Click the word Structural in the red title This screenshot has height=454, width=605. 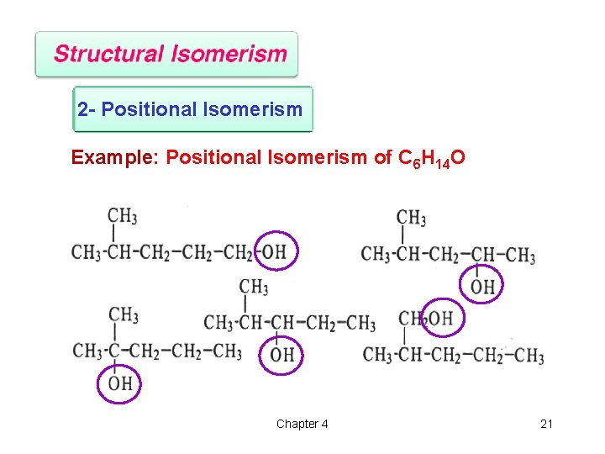[109, 55]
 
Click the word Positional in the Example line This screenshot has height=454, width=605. [214, 157]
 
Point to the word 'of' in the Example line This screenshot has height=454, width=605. [382, 157]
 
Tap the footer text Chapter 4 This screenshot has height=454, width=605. [302, 424]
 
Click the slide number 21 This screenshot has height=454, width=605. [546, 424]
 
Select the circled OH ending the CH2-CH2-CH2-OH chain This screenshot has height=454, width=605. [274, 251]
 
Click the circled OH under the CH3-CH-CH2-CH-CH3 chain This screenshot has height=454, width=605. [482, 287]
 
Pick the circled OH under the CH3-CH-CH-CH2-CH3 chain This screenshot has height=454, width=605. [282, 355]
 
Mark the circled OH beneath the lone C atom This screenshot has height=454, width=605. [120, 383]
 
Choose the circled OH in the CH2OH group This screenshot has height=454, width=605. [441, 318]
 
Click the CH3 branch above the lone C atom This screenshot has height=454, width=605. [123, 314]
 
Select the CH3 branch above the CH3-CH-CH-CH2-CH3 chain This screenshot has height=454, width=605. [254, 287]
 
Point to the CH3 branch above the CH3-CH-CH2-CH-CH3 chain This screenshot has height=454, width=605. [411, 218]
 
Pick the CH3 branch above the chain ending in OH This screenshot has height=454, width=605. [122, 215]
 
